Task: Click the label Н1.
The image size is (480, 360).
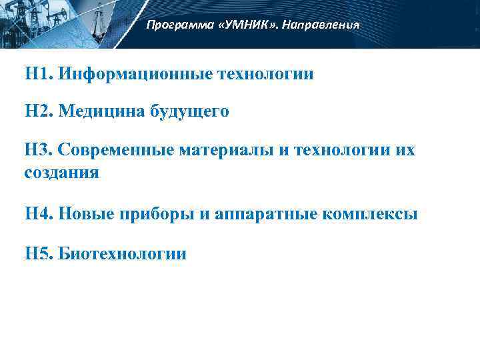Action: point(38,73)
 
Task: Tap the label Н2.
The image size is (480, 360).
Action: point(38,111)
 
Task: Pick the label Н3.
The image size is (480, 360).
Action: point(38,149)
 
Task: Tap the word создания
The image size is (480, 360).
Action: point(62,173)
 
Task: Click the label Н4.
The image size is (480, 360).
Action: point(38,214)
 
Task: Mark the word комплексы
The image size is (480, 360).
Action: point(370,215)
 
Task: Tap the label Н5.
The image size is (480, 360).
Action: point(38,253)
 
